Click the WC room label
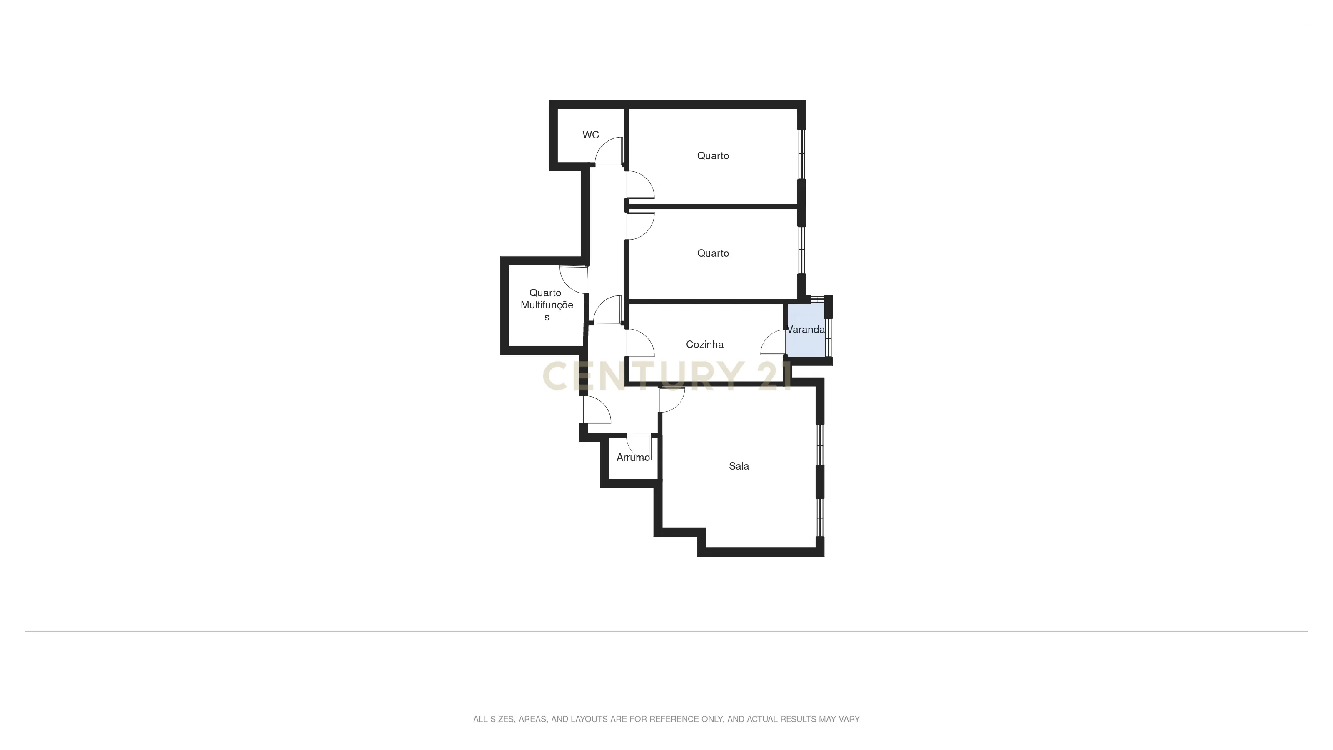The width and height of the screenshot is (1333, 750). pyautogui.click(x=590, y=135)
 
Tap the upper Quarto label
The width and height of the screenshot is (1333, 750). pyautogui.click(x=713, y=156)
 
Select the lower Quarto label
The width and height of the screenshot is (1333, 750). pyautogui.click(x=713, y=253)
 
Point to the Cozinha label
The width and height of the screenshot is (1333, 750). pyautogui.click(x=704, y=345)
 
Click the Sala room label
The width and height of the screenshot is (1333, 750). pyautogui.click(x=739, y=466)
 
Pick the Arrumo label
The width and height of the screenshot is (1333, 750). pyautogui.click(x=632, y=457)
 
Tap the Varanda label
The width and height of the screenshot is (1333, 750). pyautogui.click(x=805, y=330)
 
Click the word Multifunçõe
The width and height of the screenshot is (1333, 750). pyautogui.click(x=547, y=305)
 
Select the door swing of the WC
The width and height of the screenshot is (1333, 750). pyautogui.click(x=609, y=152)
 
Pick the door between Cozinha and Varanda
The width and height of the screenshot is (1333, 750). pyautogui.click(x=774, y=342)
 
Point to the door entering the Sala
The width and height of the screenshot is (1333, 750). pyautogui.click(x=671, y=399)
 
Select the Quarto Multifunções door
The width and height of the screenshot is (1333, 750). pyautogui.click(x=573, y=280)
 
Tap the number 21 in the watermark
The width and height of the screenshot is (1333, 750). pyautogui.click(x=774, y=376)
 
